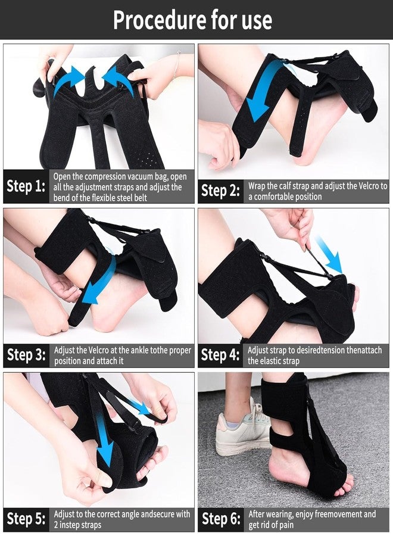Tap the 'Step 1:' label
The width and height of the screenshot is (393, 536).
(26, 187)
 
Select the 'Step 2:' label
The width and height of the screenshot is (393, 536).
(220, 191)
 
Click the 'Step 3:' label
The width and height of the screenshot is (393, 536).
(26, 355)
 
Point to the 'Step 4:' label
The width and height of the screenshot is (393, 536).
(220, 355)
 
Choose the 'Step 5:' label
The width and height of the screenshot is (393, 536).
(26, 519)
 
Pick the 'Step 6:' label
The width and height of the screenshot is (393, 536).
(220, 519)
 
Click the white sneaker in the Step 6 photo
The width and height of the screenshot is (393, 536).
(241, 429)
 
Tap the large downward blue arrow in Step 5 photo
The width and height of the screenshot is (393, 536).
(106, 444)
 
